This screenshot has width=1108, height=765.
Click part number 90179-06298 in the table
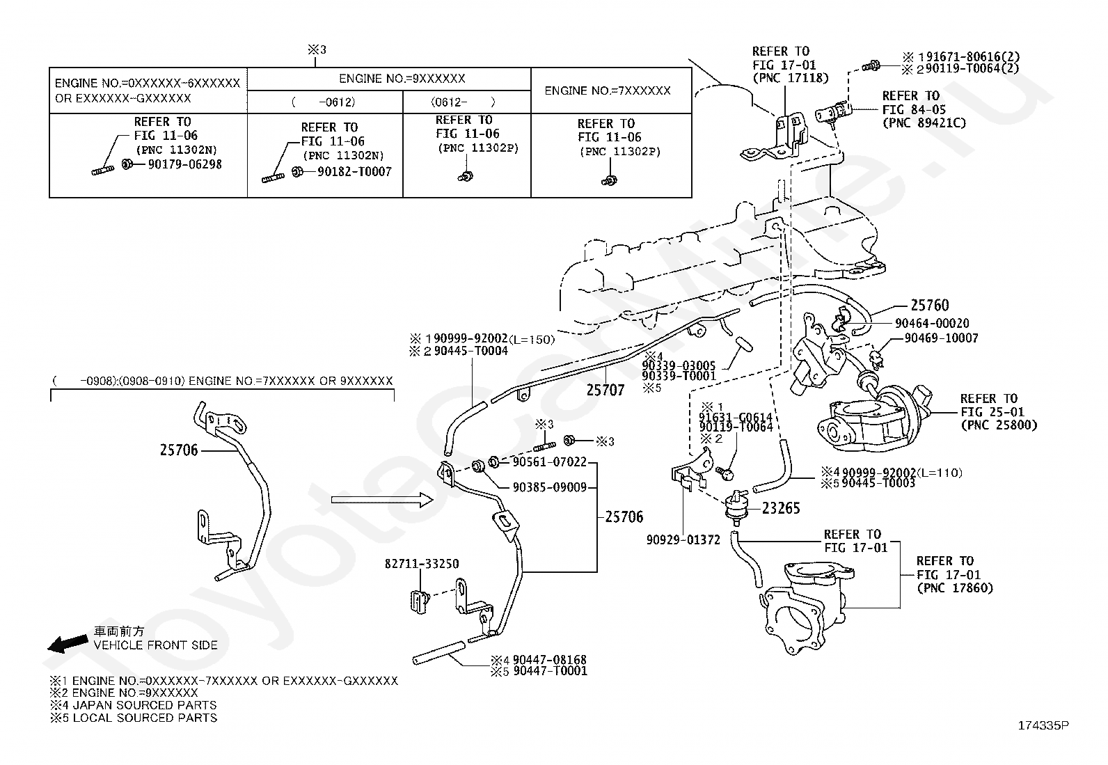tap(185, 164)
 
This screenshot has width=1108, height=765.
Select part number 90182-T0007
tap(354, 172)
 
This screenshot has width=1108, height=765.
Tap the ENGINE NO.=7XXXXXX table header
tap(608, 90)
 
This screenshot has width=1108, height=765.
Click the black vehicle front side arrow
tap(68, 643)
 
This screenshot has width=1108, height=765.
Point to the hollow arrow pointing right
tap(382, 500)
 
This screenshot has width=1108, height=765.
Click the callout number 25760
tap(930, 305)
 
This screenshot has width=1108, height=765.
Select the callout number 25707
tap(606, 390)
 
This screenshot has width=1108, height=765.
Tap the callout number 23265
tap(781, 508)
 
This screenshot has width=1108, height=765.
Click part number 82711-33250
tap(422, 564)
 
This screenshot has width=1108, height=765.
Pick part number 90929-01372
tap(683, 540)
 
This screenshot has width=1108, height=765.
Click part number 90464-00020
tap(932, 323)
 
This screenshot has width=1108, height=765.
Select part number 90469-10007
tap(941, 338)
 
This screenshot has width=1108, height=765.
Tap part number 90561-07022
tap(550, 462)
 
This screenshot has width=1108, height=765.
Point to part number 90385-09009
tap(550, 487)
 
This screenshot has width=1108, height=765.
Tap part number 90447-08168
tap(550, 660)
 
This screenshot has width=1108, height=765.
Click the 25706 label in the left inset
tap(179, 450)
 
